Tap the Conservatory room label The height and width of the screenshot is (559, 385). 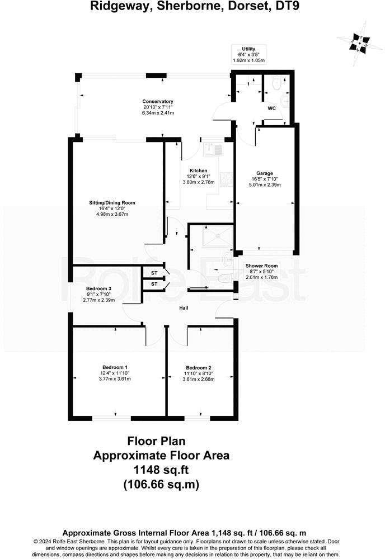click(158, 102)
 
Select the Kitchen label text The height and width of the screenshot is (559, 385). click(198, 170)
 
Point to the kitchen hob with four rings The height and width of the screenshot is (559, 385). click(227, 179)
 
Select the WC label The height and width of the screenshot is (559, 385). click(271, 108)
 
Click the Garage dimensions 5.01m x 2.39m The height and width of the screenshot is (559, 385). click(264, 184)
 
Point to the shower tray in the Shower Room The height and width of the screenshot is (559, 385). click(210, 237)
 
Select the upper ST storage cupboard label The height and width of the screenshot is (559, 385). click(153, 272)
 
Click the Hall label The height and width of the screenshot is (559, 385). click(184, 308)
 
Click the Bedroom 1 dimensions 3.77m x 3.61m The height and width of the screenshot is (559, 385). click(115, 378)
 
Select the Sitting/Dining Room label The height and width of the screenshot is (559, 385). click(112, 203)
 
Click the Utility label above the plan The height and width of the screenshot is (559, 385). click(248, 49)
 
